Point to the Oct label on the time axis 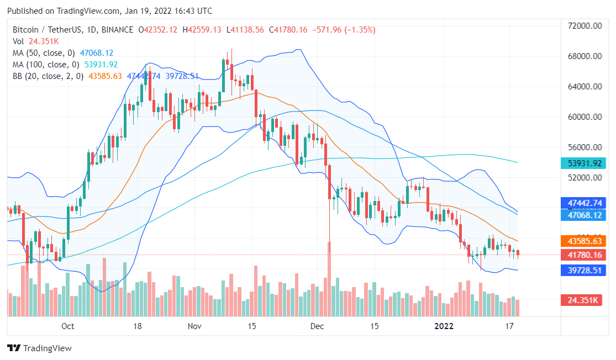point(67,326)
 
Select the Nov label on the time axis point(194,326)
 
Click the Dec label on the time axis point(317,326)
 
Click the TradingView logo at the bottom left point(39,348)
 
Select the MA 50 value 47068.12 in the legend point(97,53)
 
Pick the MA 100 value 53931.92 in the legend point(101,65)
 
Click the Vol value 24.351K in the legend point(44,41)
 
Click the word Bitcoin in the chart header point(27,30)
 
